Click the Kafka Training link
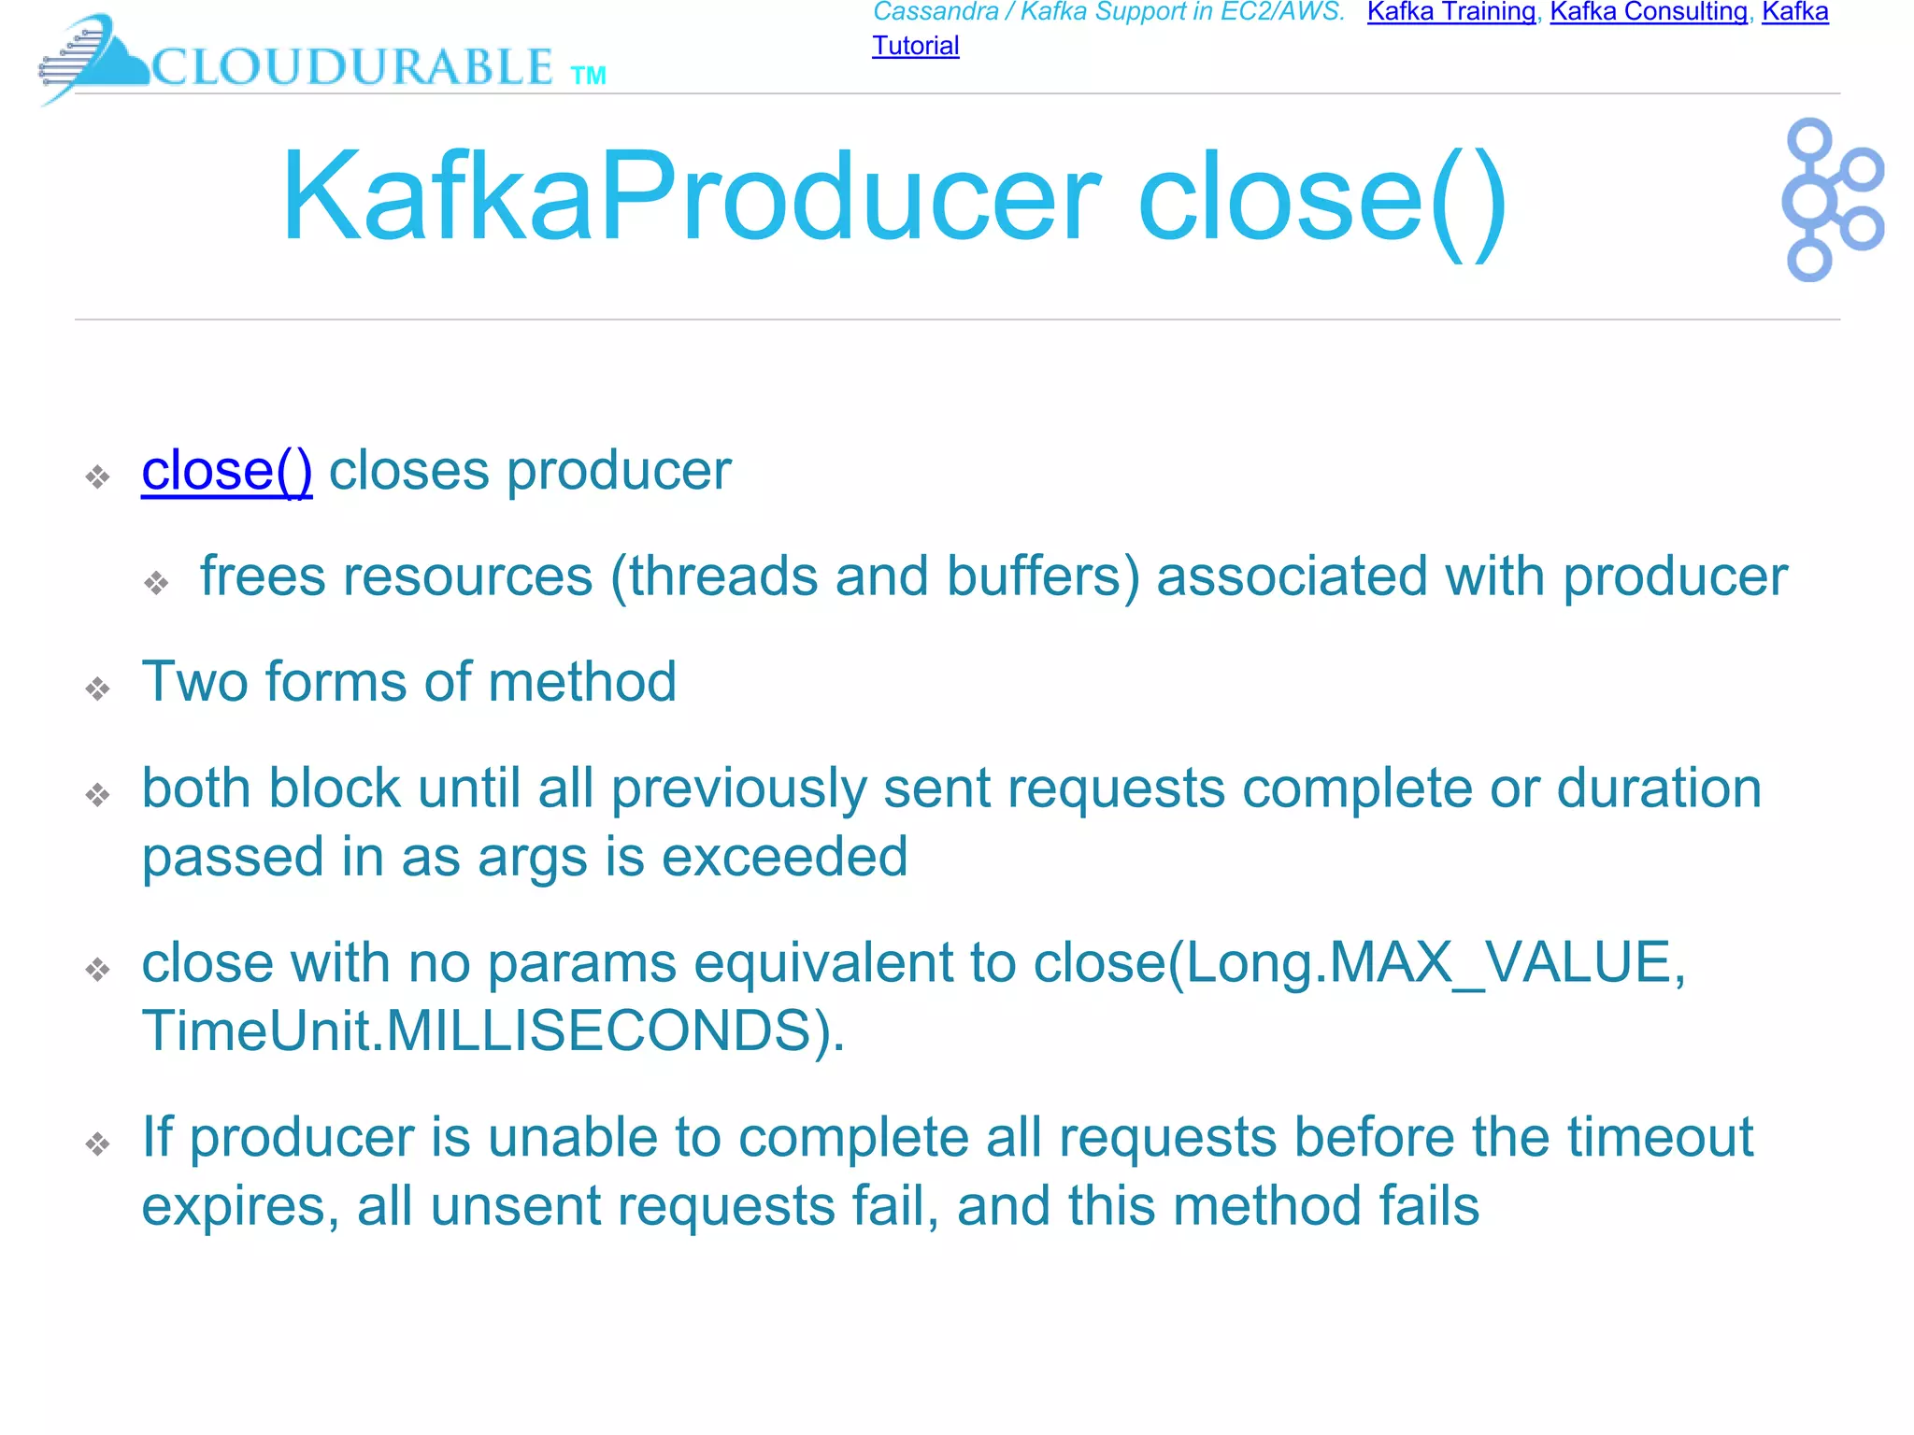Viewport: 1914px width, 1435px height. tap(1450, 12)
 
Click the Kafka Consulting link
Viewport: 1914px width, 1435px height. tap(1649, 12)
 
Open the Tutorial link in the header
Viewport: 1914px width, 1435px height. tap(915, 46)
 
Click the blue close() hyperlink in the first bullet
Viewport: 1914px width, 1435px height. tap(226, 470)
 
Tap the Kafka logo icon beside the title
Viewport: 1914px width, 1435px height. tap(1832, 199)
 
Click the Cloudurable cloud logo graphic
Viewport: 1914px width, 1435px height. tap(93, 58)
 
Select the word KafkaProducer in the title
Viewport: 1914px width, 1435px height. tap(691, 197)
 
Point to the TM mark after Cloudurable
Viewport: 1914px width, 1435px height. tap(588, 76)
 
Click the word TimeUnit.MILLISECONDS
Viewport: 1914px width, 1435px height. tap(492, 1031)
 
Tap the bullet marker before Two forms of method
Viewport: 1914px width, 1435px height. tap(98, 689)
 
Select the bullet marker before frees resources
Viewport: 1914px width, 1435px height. tap(156, 584)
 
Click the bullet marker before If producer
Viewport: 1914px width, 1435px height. tap(98, 1144)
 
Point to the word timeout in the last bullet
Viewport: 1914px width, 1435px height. tap(1660, 1138)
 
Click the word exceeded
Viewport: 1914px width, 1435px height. tap(784, 857)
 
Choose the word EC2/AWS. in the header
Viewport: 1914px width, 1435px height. tap(1282, 12)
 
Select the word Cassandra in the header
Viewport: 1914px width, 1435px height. tap(936, 12)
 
